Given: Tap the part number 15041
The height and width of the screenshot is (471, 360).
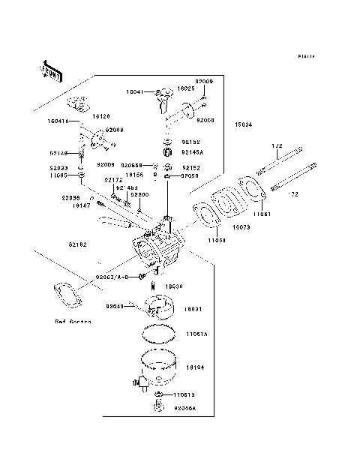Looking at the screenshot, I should pos(136,91).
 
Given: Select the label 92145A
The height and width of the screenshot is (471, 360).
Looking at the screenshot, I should pos(193,152).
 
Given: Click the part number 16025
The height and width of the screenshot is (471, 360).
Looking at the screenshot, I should pos(185,88).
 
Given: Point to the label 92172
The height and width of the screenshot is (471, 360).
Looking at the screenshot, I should pos(113,180).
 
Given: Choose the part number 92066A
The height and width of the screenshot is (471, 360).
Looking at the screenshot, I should pos(184,409).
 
